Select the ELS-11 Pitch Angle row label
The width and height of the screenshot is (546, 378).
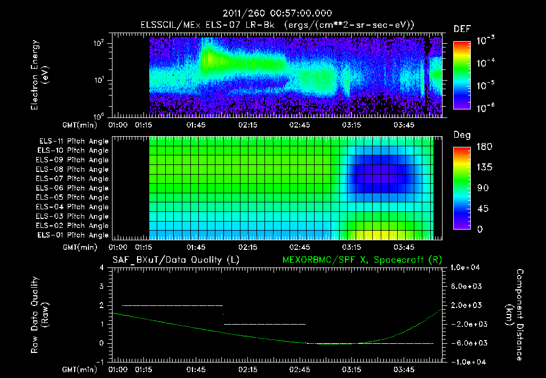(74, 141)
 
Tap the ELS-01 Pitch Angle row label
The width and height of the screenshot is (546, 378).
(74, 235)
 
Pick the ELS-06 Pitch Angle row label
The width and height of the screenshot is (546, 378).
(74, 188)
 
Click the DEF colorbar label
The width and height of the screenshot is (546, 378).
(461, 29)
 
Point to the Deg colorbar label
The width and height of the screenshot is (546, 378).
(461, 136)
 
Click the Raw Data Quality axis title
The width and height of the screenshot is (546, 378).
(40, 315)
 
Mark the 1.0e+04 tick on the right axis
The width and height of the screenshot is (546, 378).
(467, 267)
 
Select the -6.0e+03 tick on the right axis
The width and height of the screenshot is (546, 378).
(467, 343)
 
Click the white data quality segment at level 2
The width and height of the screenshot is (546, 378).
(172, 305)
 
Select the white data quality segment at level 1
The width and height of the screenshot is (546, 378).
(264, 324)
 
